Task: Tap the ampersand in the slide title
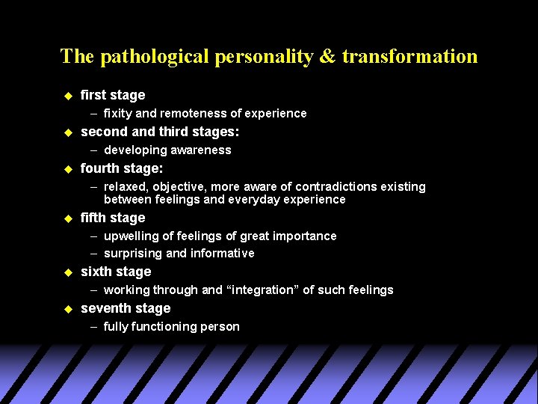(x=328, y=57)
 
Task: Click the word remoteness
(x=187, y=113)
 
